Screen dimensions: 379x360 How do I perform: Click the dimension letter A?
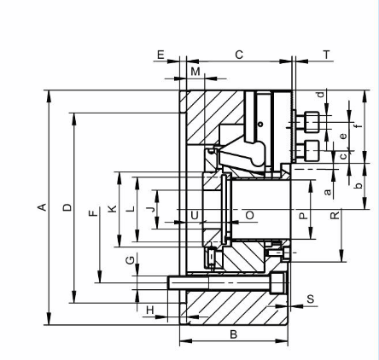[42, 207]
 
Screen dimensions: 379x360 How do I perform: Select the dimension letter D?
[67, 207]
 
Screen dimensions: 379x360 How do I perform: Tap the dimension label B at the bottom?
[233, 334]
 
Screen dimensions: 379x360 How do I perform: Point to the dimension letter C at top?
[239, 55]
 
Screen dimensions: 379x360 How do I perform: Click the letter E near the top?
[160, 55]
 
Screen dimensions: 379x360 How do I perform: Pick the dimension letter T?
[326, 55]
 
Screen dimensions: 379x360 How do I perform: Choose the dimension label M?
[195, 72]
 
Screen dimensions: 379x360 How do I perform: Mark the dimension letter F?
[93, 212]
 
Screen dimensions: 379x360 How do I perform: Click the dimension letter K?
[113, 208]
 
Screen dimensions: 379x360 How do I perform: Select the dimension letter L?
[131, 208]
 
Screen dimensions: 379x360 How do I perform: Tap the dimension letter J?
[152, 209]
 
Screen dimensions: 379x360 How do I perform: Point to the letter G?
[131, 260]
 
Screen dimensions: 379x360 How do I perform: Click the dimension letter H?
[150, 310]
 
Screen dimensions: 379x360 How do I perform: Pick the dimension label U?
[195, 216]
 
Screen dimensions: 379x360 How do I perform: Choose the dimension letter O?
[249, 215]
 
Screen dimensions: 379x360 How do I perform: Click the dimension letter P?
[304, 216]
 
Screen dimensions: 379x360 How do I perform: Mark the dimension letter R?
[335, 215]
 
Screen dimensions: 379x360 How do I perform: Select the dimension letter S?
[311, 299]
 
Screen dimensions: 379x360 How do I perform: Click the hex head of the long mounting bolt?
[277, 283]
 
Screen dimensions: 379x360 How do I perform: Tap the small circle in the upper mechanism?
[260, 124]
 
